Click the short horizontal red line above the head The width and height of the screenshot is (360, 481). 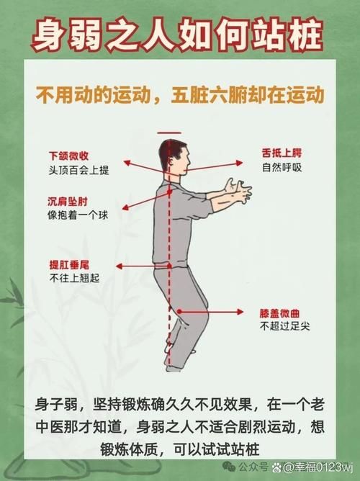(x=170, y=132)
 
